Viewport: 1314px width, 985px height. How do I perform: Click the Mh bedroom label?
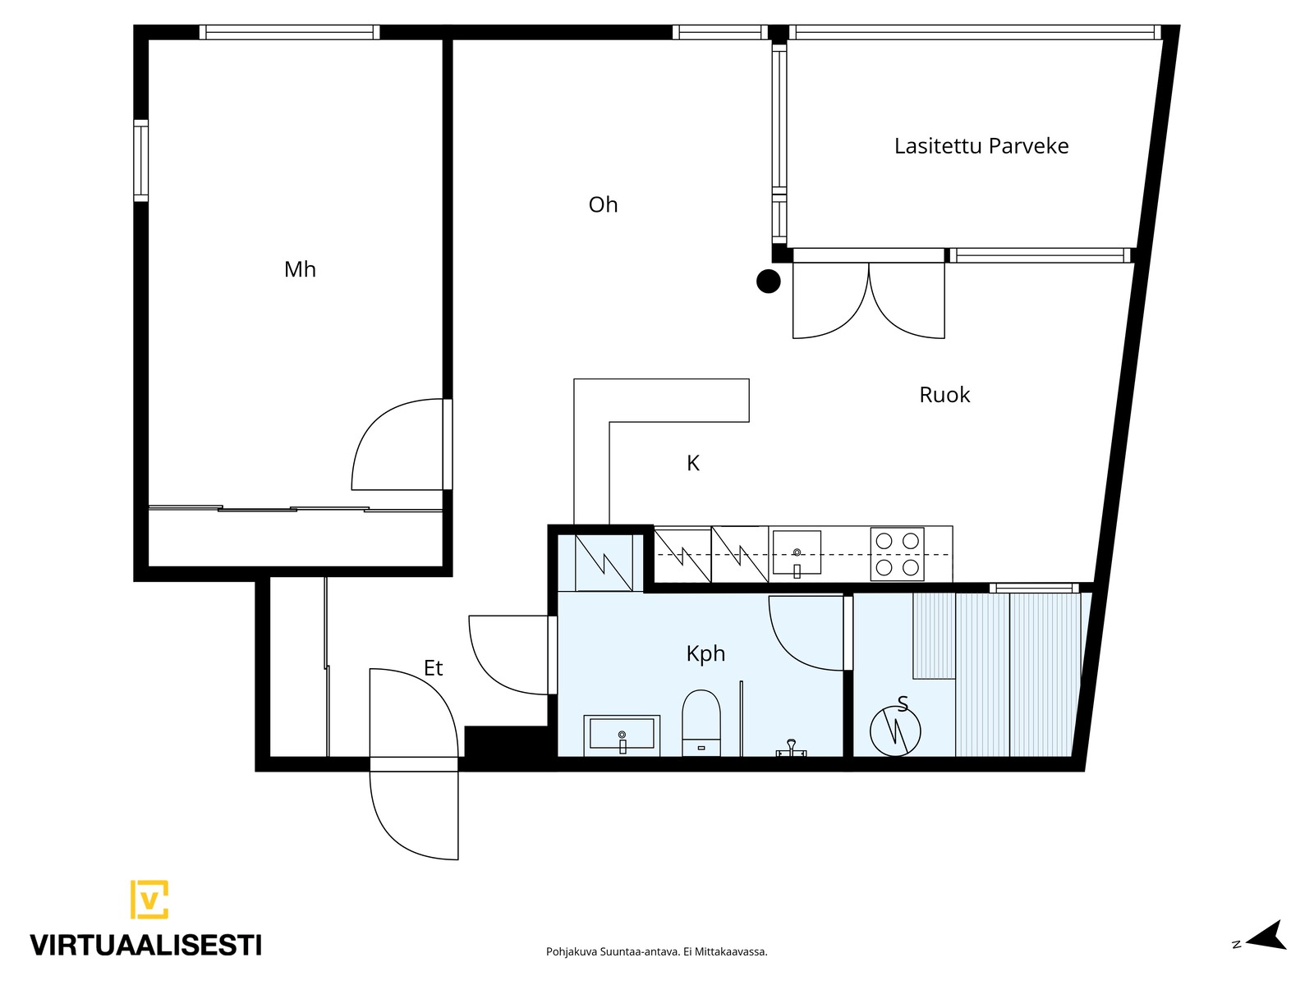300,269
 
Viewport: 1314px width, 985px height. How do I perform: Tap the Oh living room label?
603,204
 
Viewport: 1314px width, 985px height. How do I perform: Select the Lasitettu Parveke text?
981,146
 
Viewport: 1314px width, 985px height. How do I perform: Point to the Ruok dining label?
944,395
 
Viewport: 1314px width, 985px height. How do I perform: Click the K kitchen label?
692,463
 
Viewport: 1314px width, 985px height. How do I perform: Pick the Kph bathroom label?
705,653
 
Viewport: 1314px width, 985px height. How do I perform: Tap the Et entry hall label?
433,667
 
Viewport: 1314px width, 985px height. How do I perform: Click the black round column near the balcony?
768,281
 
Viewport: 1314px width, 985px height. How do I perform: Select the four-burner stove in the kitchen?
897,554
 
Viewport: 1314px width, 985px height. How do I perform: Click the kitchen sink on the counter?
796,553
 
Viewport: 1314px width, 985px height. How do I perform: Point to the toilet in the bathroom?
701,723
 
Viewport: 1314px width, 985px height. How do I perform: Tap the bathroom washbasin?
622,735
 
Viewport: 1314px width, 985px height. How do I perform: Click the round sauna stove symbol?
895,731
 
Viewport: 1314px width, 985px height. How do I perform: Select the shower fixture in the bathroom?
791,749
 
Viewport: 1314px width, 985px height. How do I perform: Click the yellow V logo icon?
149,900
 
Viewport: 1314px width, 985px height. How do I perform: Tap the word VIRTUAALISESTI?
145,945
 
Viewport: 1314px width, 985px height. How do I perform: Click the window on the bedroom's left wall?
140,160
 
